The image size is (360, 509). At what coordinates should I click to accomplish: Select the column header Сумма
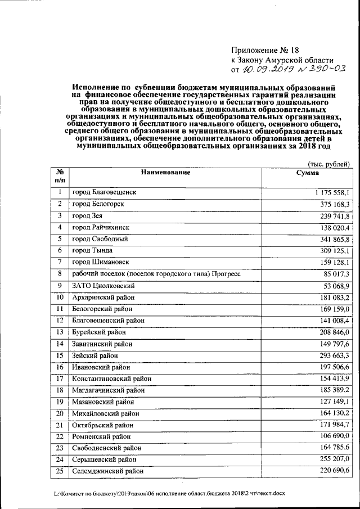pos(308,172)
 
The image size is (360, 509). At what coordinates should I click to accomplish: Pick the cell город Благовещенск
pos(104,192)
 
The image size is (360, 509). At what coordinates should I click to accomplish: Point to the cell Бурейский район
pos(99,332)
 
